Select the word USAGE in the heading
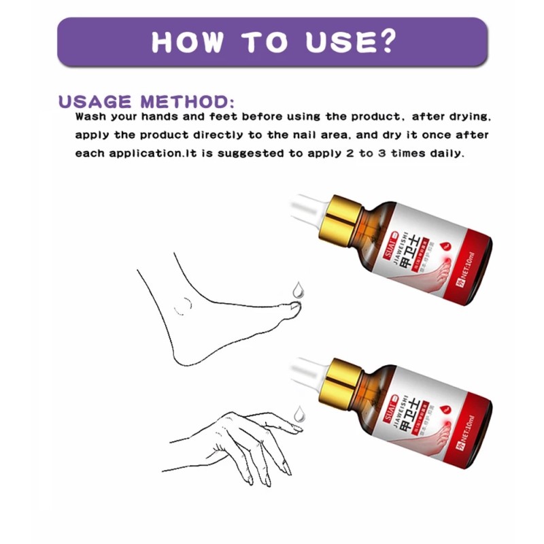[x=96, y=103]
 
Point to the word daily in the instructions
[x=445, y=153]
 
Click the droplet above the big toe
[x=296, y=290]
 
